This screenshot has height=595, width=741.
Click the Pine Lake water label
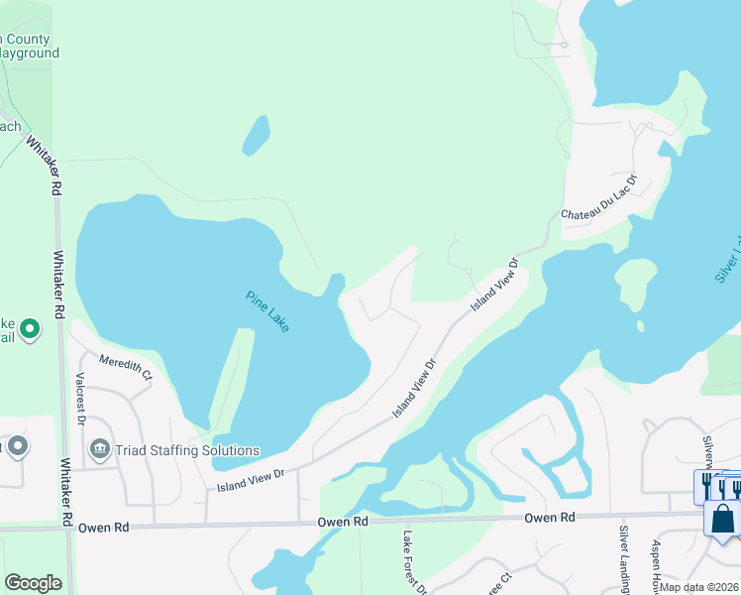pos(267,310)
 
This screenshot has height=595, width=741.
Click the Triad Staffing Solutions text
pos(186,449)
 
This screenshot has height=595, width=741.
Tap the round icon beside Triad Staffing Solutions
pos(99,449)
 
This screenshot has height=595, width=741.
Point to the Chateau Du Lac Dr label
pos(599,199)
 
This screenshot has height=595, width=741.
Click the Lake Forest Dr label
pos(412,561)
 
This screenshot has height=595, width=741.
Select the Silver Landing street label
pos(625,560)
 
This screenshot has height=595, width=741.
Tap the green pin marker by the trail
pos(30,328)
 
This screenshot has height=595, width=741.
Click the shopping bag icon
pos(723,517)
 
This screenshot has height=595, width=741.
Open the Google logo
pos(33,583)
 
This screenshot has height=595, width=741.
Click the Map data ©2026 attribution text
pos(699,587)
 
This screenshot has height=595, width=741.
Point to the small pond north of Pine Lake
pos(256,136)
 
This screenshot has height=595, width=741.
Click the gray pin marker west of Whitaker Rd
pos(16,447)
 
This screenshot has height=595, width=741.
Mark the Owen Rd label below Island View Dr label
pos(343,522)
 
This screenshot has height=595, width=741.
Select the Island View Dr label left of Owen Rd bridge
pos(251,480)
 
